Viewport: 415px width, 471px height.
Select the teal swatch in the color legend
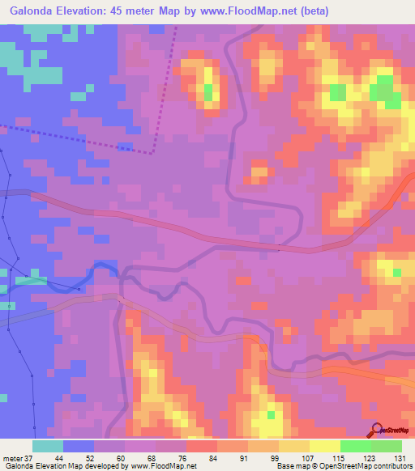[48, 446]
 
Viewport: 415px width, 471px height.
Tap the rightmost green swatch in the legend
[386, 446]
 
